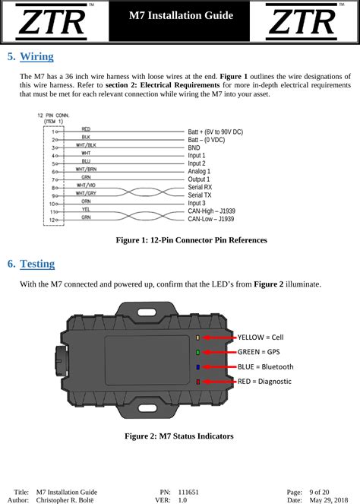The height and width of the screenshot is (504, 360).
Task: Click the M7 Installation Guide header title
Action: (180, 16)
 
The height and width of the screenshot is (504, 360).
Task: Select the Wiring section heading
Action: (36, 57)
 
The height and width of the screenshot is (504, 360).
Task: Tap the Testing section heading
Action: (37, 265)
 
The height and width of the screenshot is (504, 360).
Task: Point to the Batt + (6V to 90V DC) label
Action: (215, 132)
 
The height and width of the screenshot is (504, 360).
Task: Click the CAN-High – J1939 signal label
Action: (212, 211)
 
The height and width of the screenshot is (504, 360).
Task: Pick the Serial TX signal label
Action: (201, 195)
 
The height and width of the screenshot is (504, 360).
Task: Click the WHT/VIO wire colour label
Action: (86, 185)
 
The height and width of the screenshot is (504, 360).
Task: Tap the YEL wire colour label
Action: (86, 208)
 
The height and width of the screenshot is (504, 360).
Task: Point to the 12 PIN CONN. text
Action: (54, 114)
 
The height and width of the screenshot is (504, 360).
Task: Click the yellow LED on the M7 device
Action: (198, 337)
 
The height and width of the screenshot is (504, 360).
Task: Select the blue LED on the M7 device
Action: (198, 366)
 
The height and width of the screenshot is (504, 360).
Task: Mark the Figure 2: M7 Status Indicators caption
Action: (179, 436)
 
